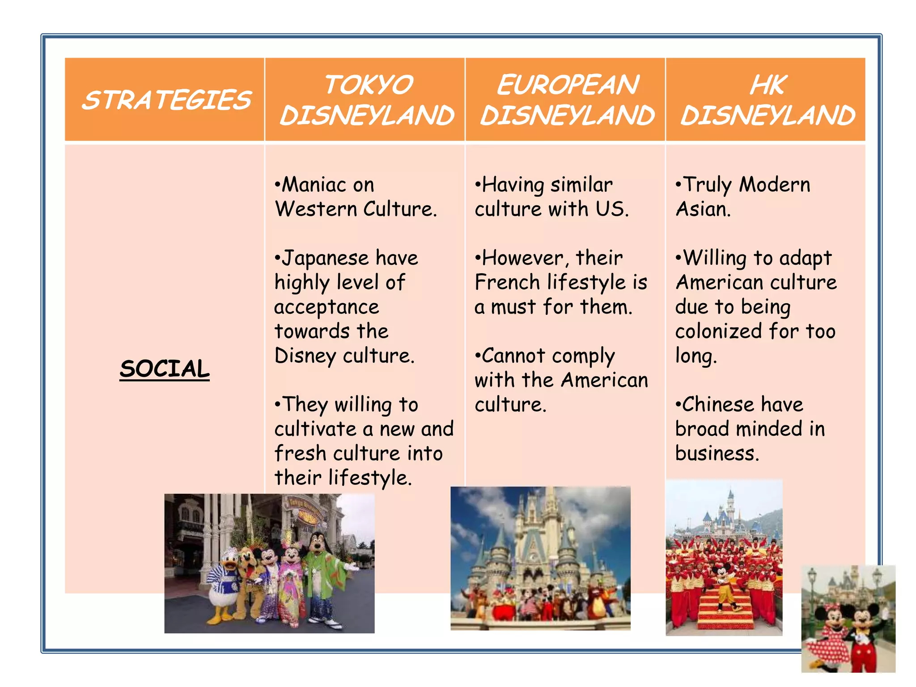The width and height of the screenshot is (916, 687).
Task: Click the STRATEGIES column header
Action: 166,100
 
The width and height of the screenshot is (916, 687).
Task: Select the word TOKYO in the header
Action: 368,85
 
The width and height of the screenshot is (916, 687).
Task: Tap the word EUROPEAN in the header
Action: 568,85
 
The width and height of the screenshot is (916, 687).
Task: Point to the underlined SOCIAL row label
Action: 165,369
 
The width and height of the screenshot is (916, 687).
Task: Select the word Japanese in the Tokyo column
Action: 325,258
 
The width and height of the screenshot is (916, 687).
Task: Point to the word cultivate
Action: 315,429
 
